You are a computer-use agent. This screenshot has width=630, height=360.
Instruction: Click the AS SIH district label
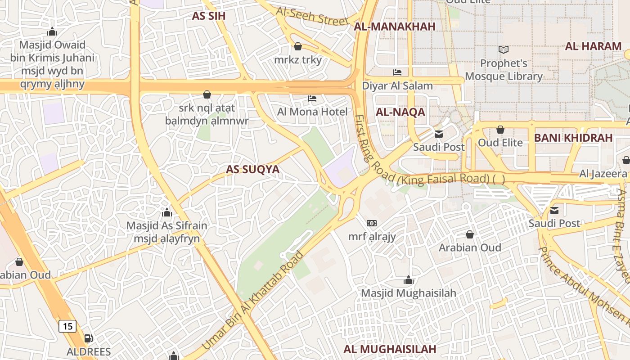208,16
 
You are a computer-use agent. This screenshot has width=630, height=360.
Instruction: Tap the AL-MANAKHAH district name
395,27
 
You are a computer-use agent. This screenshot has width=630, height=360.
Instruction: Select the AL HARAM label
593,46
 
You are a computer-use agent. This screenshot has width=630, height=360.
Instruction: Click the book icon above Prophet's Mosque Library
504,49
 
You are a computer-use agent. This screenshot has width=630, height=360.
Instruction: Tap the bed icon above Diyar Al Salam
397,72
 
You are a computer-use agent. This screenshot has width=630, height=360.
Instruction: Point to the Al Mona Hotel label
312,112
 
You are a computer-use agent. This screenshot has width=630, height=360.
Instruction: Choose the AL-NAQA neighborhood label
400,112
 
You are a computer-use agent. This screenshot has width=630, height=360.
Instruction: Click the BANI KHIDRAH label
573,138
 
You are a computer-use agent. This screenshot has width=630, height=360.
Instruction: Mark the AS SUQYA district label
252,170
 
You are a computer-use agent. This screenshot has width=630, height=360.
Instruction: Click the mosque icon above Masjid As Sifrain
167,212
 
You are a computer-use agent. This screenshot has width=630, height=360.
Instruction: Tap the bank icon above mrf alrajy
372,223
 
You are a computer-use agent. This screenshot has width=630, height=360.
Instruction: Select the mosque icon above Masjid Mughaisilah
409,280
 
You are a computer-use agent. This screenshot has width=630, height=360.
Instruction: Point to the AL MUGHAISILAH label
390,349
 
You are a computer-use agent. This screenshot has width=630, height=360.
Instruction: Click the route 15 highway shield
67,326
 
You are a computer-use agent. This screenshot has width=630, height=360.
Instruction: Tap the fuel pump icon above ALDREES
89,338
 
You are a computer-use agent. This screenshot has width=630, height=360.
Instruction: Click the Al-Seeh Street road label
312,17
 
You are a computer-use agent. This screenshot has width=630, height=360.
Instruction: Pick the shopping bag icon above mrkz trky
297,46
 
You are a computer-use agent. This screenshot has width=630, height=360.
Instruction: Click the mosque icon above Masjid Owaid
52,31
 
